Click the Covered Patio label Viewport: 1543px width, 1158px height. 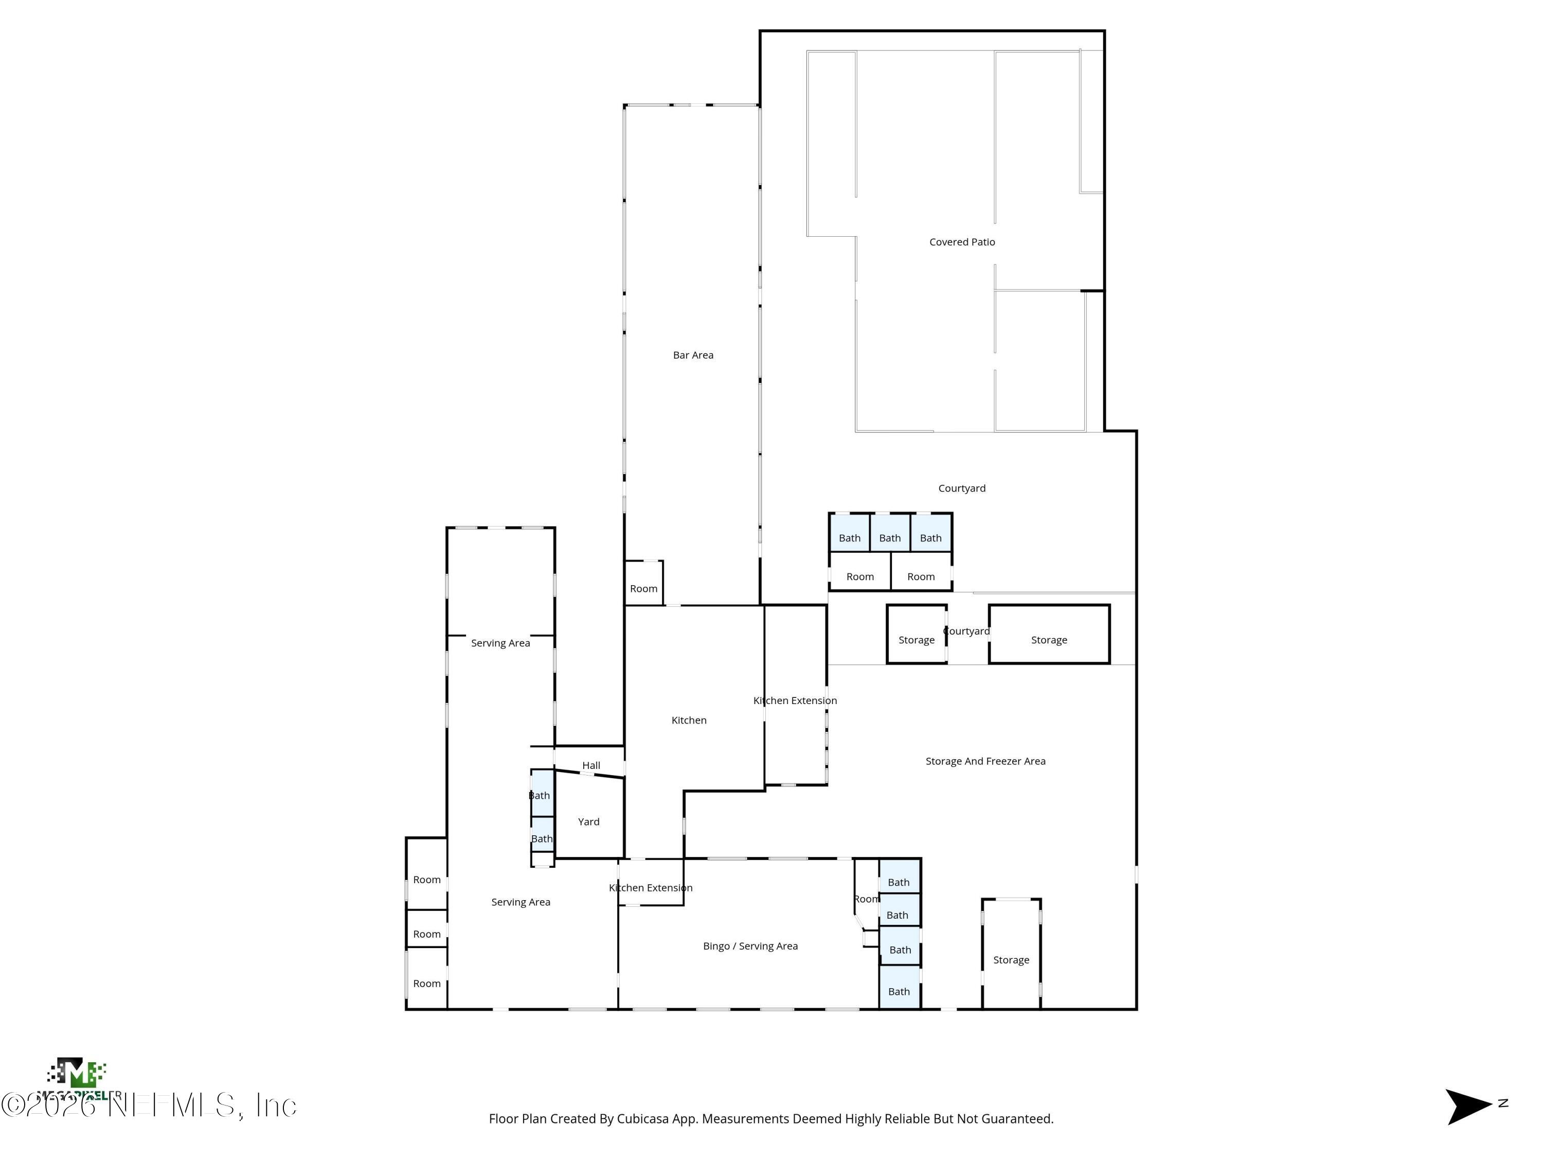click(962, 242)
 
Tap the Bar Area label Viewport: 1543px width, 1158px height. click(693, 355)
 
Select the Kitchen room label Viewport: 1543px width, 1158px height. click(689, 721)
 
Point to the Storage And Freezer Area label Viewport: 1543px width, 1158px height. click(985, 762)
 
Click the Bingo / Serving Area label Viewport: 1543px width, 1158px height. click(750, 946)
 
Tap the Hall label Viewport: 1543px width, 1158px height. click(591, 766)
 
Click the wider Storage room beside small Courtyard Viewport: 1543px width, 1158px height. click(1048, 640)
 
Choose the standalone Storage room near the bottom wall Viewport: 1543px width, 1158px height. click(1011, 960)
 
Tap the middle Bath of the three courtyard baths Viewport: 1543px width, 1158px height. click(889, 538)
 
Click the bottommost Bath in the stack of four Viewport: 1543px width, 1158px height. click(899, 992)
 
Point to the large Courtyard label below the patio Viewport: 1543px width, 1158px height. click(961, 488)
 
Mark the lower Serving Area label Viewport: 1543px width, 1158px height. click(521, 903)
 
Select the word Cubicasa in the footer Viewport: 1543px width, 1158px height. click(642, 1119)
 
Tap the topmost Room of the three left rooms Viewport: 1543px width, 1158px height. click(426, 880)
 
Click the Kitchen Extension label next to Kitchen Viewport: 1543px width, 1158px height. click(795, 701)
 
